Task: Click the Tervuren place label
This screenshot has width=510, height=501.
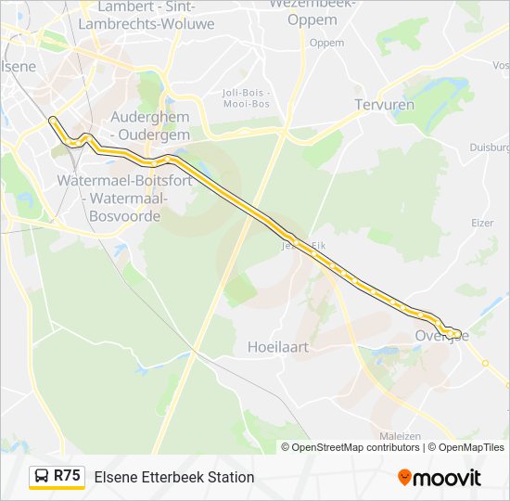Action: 384,105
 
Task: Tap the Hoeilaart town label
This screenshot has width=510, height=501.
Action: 277,346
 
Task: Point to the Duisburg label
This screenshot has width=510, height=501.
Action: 490,147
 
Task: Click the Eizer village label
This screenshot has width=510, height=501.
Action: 482,223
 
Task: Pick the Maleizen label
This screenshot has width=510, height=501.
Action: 401,436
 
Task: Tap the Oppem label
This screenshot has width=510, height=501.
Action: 326,43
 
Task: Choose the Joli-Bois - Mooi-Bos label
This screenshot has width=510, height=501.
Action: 247,98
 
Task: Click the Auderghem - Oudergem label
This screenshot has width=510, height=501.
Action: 150,125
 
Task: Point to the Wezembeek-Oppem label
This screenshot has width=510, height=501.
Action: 312,11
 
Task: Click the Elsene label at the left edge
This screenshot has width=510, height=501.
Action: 19,66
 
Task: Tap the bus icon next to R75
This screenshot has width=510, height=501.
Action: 42,477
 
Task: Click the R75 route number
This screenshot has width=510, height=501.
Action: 68,476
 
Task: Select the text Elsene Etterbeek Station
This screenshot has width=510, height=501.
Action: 173,477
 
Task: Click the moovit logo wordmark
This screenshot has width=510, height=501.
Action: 447,478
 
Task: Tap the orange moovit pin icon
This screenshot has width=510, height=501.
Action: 404,477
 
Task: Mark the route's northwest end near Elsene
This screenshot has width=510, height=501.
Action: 51,119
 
